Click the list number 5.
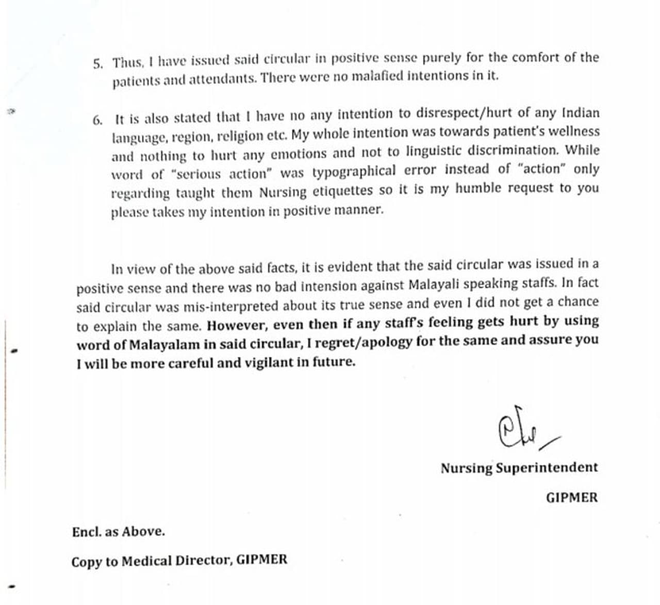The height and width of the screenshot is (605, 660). [x=97, y=64]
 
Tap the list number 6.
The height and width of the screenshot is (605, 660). [x=97, y=121]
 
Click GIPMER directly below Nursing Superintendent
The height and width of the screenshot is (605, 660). [x=572, y=498]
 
